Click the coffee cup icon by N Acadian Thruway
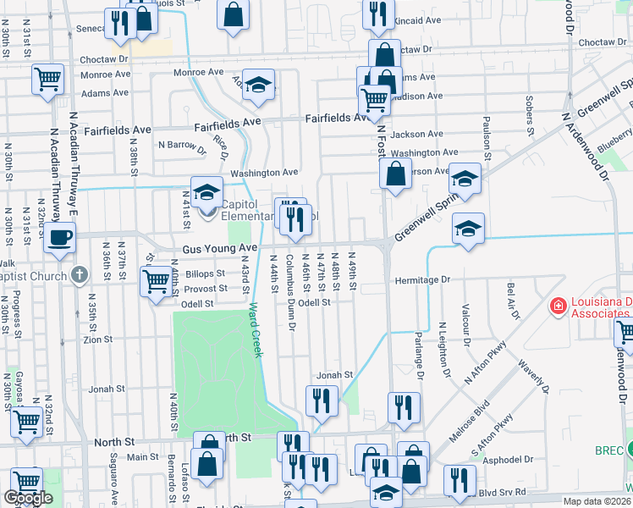pos(59,237)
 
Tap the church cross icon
pos(80,274)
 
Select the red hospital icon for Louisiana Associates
pos(559,306)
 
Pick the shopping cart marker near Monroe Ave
pos(48,79)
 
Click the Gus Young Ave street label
pos(219,248)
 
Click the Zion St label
pos(98,340)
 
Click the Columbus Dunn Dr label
pos(289,292)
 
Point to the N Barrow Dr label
pos(182,145)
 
